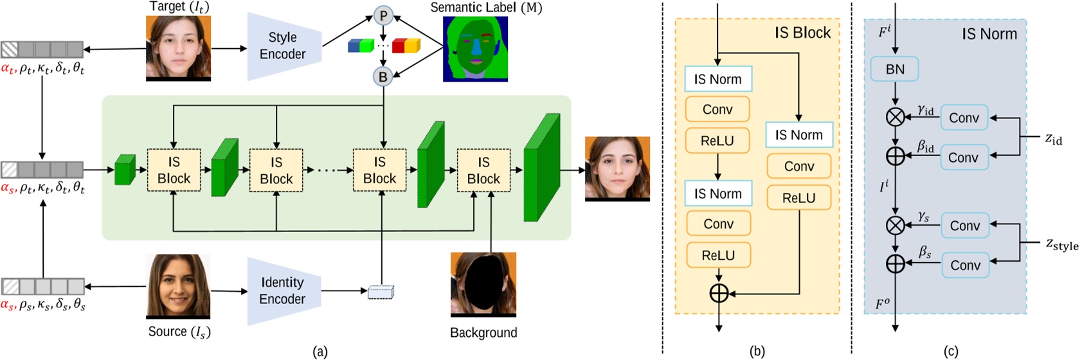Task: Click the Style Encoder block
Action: click(283, 46)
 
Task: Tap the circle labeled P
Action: click(383, 15)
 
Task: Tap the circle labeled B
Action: click(382, 76)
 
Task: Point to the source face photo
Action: click(178, 286)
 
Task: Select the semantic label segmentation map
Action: click(475, 50)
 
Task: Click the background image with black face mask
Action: click(483, 284)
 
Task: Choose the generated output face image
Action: click(617, 168)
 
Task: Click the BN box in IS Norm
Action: click(894, 69)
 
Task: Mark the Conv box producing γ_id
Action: click(964, 118)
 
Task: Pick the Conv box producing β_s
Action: click(965, 265)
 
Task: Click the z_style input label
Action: click(1061, 244)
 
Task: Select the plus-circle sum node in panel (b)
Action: click(719, 294)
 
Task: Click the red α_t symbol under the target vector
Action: click(8, 69)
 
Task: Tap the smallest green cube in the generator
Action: click(125, 170)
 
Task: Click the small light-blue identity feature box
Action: click(381, 292)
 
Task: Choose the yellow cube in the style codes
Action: click(412, 46)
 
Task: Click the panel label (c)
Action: click(950, 351)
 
